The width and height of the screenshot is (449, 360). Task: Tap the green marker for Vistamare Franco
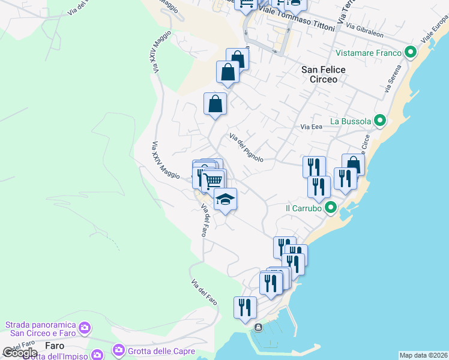(x=411, y=53)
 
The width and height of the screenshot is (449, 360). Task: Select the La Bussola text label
(x=351, y=121)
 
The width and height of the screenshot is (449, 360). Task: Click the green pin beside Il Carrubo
(x=330, y=208)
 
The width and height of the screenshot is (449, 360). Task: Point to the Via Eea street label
(x=312, y=127)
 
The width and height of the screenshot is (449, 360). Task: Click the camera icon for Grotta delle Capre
(x=118, y=350)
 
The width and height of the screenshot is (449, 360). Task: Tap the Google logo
(x=20, y=353)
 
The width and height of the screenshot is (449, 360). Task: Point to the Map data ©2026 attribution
(x=423, y=355)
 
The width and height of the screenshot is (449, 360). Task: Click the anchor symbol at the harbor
(x=258, y=328)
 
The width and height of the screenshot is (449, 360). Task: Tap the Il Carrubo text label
(x=304, y=208)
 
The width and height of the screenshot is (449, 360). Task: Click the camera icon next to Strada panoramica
(x=85, y=328)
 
